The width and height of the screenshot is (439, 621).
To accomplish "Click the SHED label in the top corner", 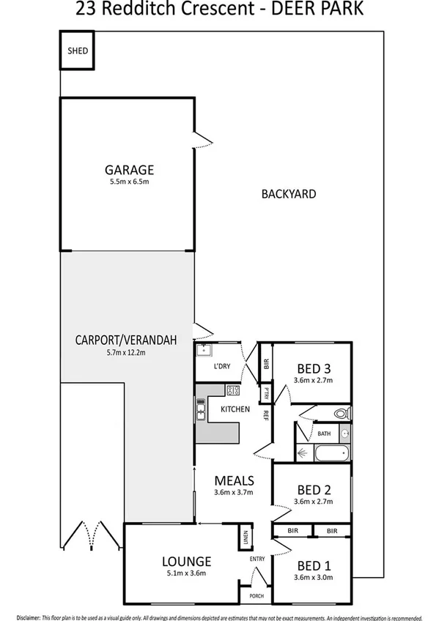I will click(x=77, y=51).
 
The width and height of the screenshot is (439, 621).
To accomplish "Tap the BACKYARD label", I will click(x=288, y=194).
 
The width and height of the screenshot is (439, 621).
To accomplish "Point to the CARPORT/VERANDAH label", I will click(x=127, y=340).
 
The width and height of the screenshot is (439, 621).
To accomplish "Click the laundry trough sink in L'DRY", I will click(x=203, y=350).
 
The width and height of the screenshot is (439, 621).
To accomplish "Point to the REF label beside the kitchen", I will click(x=267, y=415).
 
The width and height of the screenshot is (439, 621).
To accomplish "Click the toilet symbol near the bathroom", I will click(x=342, y=414).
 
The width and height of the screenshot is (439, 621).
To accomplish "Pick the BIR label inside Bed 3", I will click(x=267, y=363).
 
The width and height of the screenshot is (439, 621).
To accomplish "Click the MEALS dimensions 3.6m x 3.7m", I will click(x=234, y=493).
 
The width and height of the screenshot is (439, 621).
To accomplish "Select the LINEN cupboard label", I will click(x=245, y=538).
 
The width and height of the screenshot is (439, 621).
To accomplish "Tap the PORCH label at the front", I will click(x=257, y=595).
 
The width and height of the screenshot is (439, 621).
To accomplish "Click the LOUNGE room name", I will click(x=186, y=562).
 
